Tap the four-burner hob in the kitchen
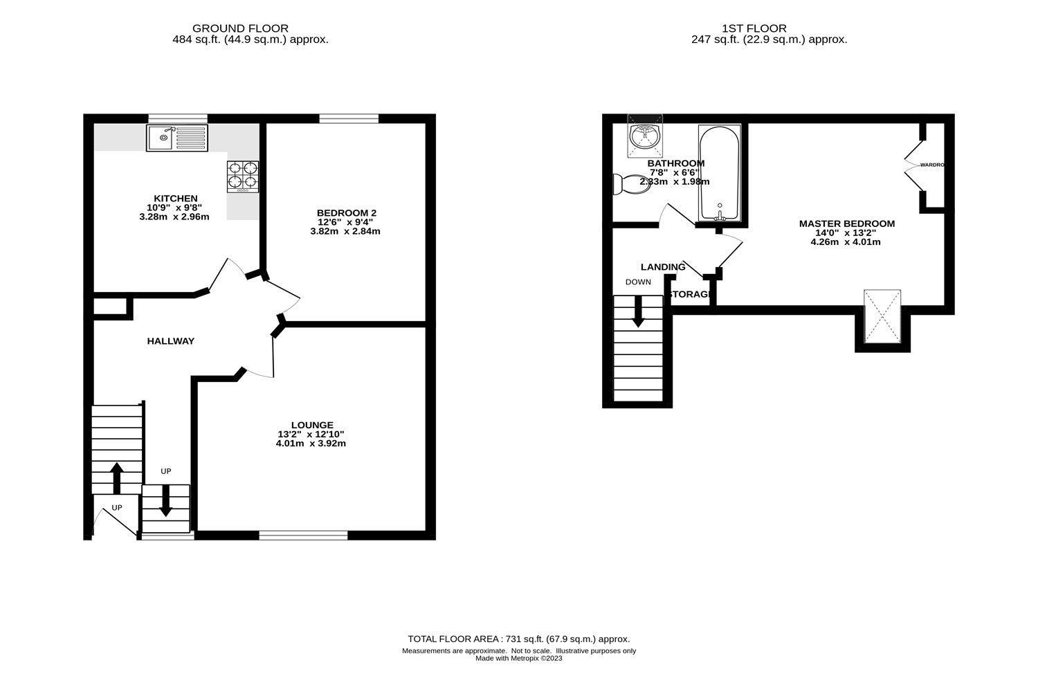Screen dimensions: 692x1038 [243, 175]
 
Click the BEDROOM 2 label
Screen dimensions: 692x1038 [346, 212]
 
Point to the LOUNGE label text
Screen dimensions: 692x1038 [311, 425]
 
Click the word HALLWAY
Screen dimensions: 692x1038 [170, 341]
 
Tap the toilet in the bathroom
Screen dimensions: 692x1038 [630, 184]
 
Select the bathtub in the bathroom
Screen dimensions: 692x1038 [720, 173]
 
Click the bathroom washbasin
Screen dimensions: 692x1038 [644, 136]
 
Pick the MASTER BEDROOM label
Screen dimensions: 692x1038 [846, 224]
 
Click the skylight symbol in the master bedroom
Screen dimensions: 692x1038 [882, 316]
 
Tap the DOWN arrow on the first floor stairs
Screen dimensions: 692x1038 [637, 311]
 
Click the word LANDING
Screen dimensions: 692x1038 [662, 267]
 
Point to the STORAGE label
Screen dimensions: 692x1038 [691, 295]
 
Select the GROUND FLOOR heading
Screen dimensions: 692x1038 [250, 28]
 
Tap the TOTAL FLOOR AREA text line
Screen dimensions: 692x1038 [518, 639]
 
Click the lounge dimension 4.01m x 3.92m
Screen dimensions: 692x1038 [311, 444]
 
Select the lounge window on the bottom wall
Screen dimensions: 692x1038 [303, 535]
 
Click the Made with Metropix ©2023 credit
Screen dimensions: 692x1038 [518, 659]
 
